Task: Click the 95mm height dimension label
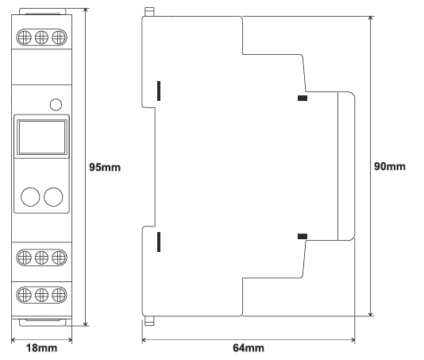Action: tap(105, 167)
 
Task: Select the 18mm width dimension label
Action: tap(41, 348)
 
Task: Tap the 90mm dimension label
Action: tap(390, 166)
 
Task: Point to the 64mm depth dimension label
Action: tap(249, 348)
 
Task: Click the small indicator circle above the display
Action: tap(56, 105)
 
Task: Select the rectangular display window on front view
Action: tap(42, 137)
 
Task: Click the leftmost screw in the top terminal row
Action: tap(25, 37)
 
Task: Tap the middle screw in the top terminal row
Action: tap(41, 37)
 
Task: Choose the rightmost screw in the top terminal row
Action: tap(59, 37)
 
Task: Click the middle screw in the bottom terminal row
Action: tap(41, 295)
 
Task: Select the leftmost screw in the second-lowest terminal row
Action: tap(25, 257)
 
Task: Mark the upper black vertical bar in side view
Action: tap(159, 91)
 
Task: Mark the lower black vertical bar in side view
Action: tap(159, 242)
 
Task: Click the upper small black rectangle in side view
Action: tap(303, 98)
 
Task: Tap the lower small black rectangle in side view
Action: tap(303, 236)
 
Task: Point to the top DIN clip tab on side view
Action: tap(149, 12)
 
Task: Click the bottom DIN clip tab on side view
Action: tap(149, 321)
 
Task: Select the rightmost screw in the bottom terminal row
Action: tap(59, 295)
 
